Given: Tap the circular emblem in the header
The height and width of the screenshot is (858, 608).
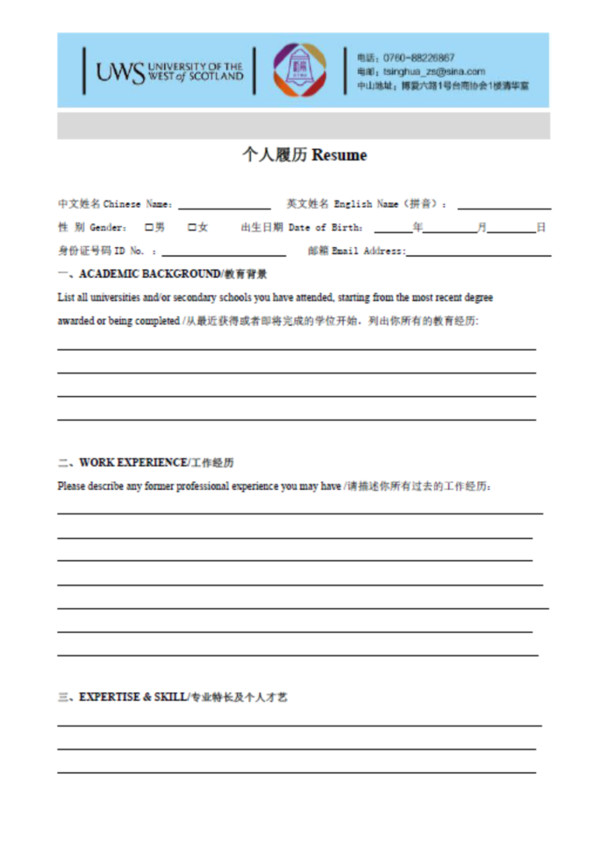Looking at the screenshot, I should (x=299, y=70).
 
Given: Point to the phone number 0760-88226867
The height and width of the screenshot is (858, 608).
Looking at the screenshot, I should (x=418, y=58).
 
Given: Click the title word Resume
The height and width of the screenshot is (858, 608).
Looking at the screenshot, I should (x=339, y=156).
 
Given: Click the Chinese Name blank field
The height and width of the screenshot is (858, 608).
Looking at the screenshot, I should (x=225, y=206).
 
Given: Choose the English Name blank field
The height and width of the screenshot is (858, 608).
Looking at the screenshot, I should (x=504, y=206).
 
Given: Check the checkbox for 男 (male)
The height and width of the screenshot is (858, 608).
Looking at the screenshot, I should (x=148, y=228).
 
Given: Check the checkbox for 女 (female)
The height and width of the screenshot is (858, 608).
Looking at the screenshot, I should (x=191, y=228).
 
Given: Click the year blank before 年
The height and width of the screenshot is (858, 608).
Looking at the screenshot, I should (x=393, y=230).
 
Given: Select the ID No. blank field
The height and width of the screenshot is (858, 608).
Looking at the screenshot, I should (x=224, y=252).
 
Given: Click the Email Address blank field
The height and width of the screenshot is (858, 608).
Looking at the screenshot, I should (x=478, y=252).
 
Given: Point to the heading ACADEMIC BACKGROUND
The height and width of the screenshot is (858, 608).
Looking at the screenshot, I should (x=150, y=274).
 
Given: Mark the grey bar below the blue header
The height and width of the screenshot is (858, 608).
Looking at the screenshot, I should (x=304, y=125).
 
